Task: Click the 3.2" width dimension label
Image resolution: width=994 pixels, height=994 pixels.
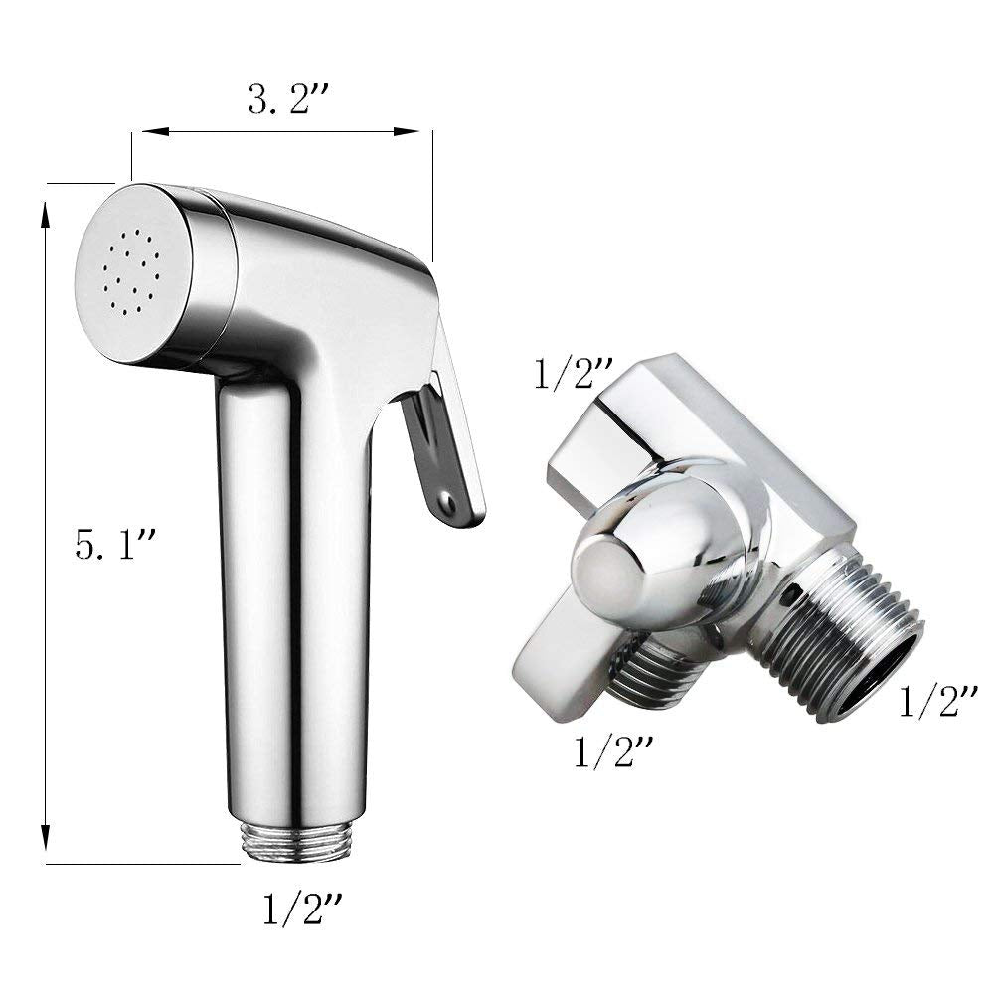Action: (288, 99)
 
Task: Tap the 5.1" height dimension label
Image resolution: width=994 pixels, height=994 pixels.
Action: (115, 544)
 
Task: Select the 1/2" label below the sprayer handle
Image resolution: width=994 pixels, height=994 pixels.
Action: (303, 909)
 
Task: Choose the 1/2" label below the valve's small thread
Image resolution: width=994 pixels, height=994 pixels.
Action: (613, 751)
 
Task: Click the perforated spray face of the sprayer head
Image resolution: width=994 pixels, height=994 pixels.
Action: (132, 274)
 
